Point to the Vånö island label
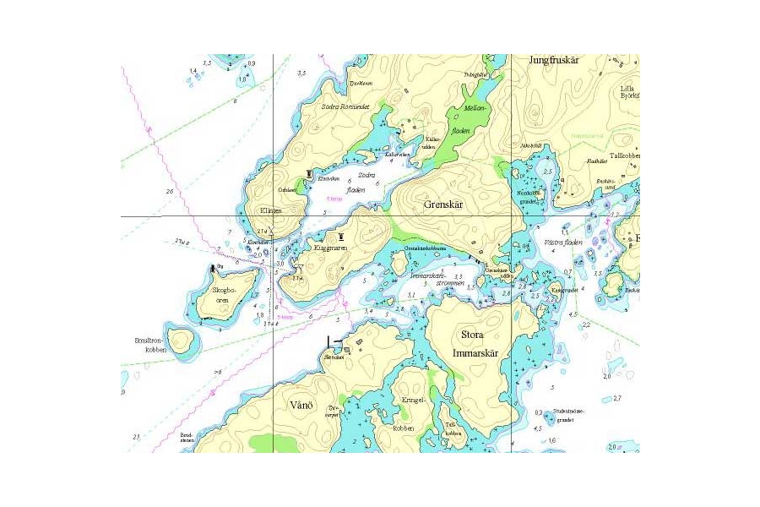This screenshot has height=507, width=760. click(x=301, y=406)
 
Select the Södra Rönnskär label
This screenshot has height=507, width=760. click(x=341, y=107)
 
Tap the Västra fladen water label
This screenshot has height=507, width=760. click(x=562, y=243)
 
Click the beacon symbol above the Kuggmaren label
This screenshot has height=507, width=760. click(x=341, y=237)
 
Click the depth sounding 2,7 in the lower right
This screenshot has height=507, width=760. click(x=617, y=398)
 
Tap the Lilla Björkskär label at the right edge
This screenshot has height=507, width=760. click(x=629, y=92)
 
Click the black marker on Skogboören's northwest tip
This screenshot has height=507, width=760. click(x=212, y=268)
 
